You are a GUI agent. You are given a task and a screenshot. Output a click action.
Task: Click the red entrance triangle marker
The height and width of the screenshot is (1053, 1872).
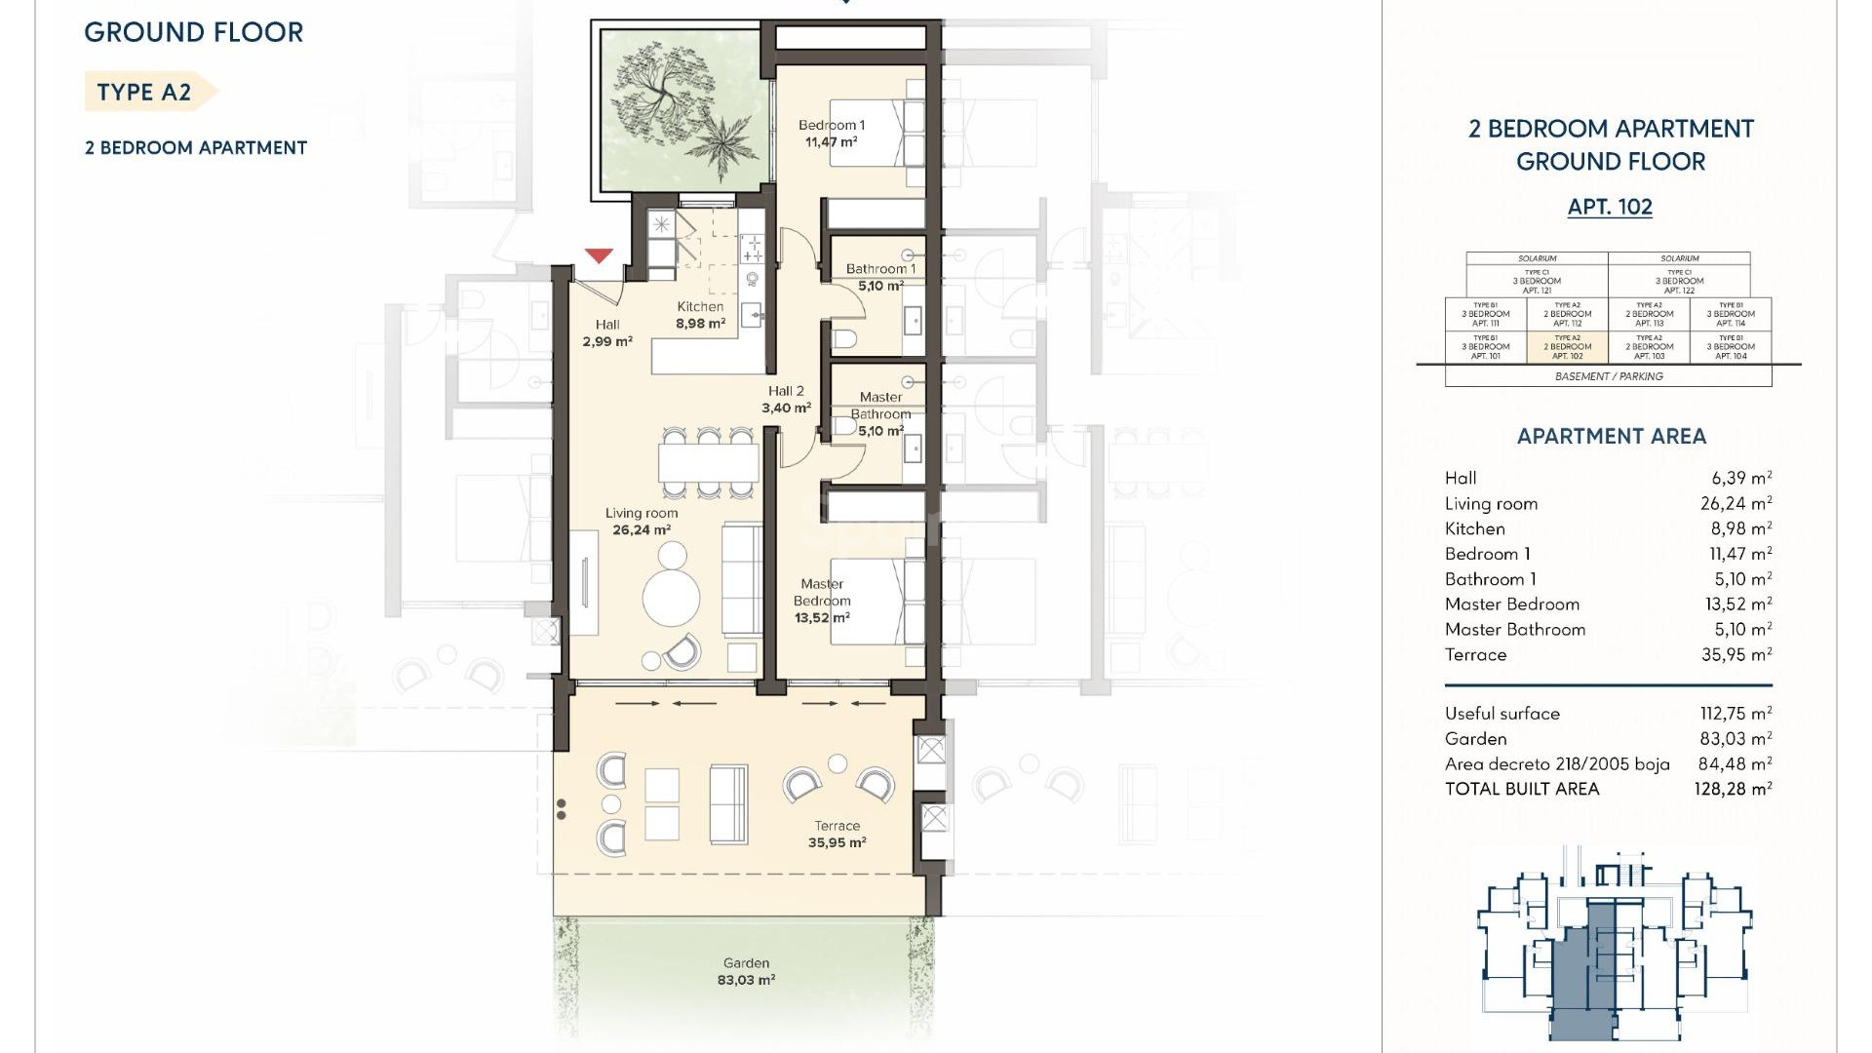click(x=599, y=255)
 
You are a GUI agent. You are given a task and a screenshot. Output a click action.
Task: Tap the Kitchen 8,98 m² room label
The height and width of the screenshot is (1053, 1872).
click(x=700, y=315)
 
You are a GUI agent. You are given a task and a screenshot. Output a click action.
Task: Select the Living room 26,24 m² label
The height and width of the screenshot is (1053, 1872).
click(x=641, y=522)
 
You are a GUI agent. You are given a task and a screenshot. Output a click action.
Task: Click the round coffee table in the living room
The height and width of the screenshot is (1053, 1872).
click(x=671, y=597)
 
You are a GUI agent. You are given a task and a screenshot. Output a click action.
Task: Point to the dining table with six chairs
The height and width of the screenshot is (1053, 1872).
click(x=709, y=461)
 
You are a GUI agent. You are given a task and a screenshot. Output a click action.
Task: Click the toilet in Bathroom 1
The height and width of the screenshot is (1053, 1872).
click(x=844, y=338)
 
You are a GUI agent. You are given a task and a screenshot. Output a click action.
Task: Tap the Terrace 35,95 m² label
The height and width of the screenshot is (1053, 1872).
click(x=837, y=835)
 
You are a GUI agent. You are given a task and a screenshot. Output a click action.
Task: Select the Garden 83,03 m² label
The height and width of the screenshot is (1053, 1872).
click(x=746, y=971)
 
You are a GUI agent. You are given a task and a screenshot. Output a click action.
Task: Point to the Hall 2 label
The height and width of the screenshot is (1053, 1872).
click(x=786, y=399)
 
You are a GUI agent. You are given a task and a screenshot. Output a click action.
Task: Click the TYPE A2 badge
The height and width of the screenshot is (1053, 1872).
click(x=146, y=92)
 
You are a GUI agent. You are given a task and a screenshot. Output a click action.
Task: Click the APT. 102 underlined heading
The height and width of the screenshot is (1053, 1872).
click(x=1610, y=207)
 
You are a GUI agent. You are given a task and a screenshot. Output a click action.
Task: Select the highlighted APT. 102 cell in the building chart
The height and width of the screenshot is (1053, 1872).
click(x=1567, y=347)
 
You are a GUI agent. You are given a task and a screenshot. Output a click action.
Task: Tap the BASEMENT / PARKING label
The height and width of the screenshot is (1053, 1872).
click(x=1609, y=376)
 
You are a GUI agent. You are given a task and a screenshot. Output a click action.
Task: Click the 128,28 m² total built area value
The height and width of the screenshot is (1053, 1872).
click(x=1732, y=789)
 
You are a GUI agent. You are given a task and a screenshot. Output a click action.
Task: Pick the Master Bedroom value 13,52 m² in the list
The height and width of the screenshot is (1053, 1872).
click(x=1737, y=604)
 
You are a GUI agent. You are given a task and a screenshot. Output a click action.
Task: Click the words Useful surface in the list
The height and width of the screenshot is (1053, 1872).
click(x=1501, y=714)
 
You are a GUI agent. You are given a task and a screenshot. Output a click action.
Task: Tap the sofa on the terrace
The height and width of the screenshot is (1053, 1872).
click(x=728, y=804)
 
